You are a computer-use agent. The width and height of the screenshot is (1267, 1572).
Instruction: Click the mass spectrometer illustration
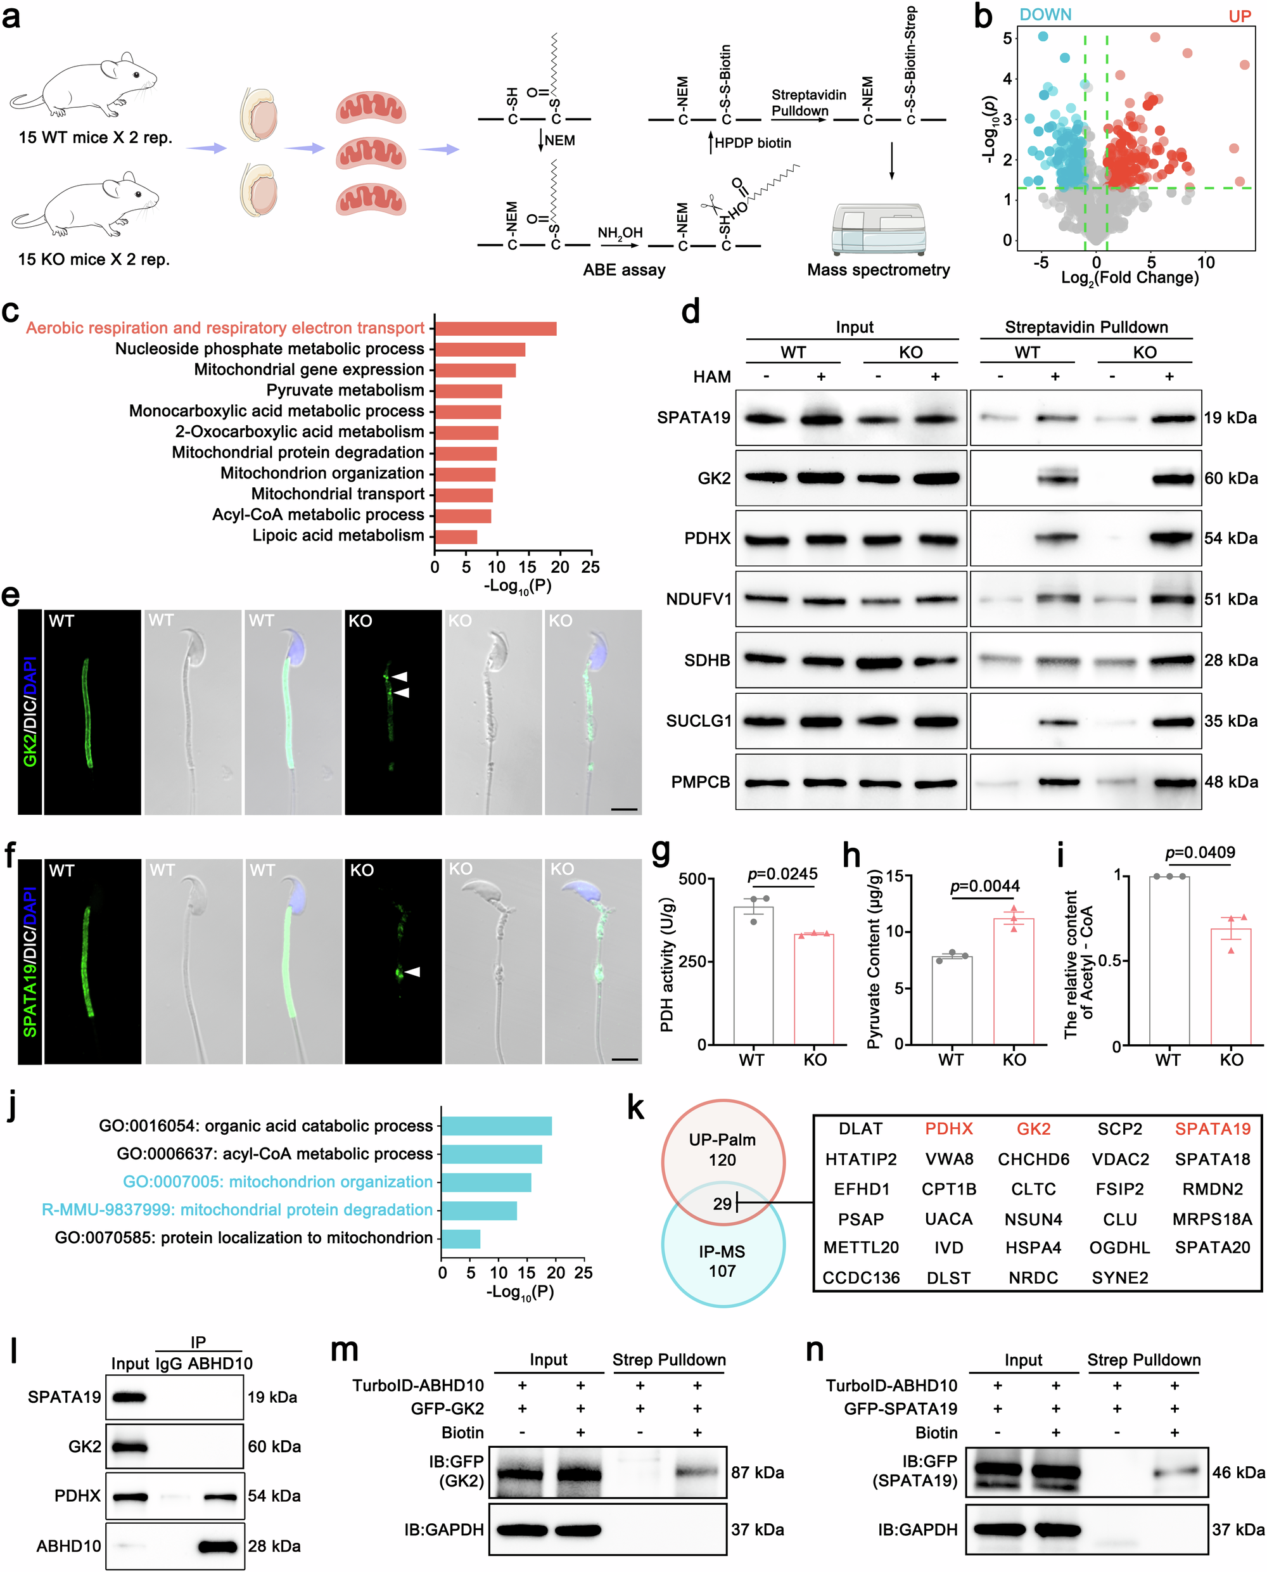(x=879, y=229)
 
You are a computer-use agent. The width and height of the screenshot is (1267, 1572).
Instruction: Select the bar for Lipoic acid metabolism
(x=456, y=537)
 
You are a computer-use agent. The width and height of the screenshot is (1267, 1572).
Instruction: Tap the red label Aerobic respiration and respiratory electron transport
(x=225, y=328)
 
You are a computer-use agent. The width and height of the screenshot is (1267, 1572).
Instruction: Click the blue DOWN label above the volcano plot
(x=1045, y=15)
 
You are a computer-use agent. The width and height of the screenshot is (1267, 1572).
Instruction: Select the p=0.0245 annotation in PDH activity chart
(x=782, y=874)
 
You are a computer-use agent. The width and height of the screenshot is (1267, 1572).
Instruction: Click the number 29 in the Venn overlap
(x=722, y=1203)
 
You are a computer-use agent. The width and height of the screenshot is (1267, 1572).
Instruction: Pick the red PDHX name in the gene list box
(x=948, y=1128)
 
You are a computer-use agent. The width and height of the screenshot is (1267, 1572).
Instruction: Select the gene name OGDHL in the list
(x=1119, y=1248)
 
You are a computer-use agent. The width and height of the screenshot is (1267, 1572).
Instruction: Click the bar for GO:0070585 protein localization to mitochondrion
(x=461, y=1239)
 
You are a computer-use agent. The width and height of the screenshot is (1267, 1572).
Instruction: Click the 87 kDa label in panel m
(x=758, y=1472)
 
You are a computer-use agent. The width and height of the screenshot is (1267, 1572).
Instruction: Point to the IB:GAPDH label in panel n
(x=917, y=1529)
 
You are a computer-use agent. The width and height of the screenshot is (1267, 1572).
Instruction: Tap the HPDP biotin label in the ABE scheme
(x=753, y=143)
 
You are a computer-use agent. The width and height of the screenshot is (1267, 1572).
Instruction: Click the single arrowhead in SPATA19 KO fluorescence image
(x=414, y=971)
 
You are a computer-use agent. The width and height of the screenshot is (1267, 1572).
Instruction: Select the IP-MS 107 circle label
(x=722, y=1261)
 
